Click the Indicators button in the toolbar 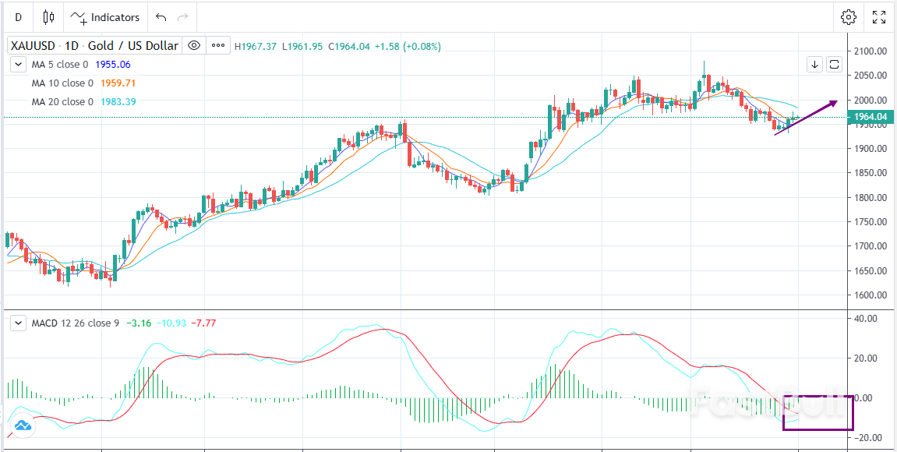pos(106,17)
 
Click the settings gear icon pos(849,17)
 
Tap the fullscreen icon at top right pos(879,17)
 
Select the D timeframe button pos(18,17)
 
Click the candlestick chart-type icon pos(49,17)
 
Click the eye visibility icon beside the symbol pos(194,46)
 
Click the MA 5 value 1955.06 pos(115,65)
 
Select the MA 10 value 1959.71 pos(117,83)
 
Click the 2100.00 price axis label pos(871,51)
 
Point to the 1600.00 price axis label pos(871,295)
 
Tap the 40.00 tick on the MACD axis pos(867,319)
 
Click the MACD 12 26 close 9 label pos(75,323)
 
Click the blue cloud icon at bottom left pos(22,426)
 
